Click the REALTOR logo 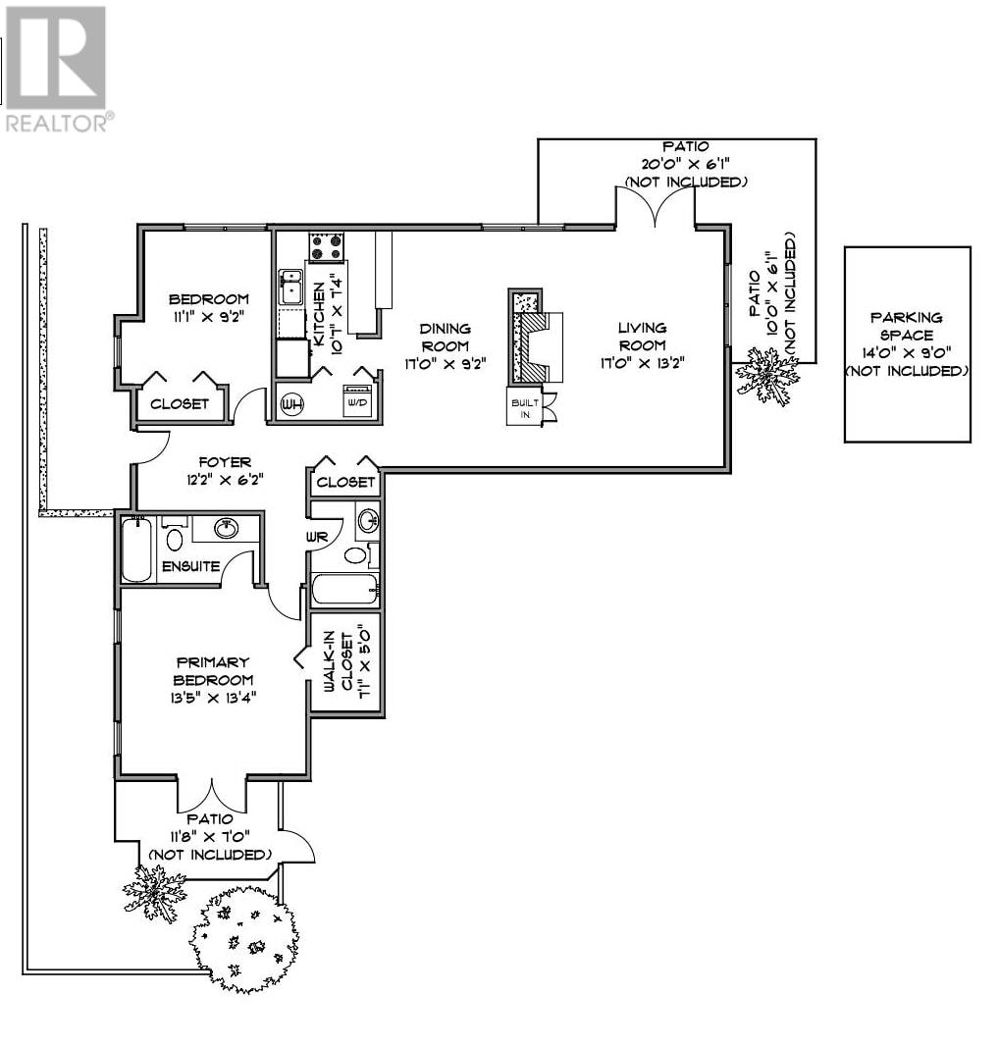[x=57, y=67]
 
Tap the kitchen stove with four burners [x=326, y=246]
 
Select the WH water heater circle [x=291, y=404]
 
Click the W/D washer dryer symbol [x=358, y=401]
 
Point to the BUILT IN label [x=526, y=408]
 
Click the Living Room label [x=642, y=336]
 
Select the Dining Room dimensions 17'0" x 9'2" [x=445, y=364]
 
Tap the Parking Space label [x=906, y=326]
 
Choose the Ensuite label [x=191, y=566]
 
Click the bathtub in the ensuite [x=136, y=550]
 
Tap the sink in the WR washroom [x=368, y=519]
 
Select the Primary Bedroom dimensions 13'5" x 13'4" [x=212, y=698]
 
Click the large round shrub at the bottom [x=243, y=939]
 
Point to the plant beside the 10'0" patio [x=766, y=375]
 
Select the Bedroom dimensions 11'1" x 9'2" [x=208, y=317]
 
